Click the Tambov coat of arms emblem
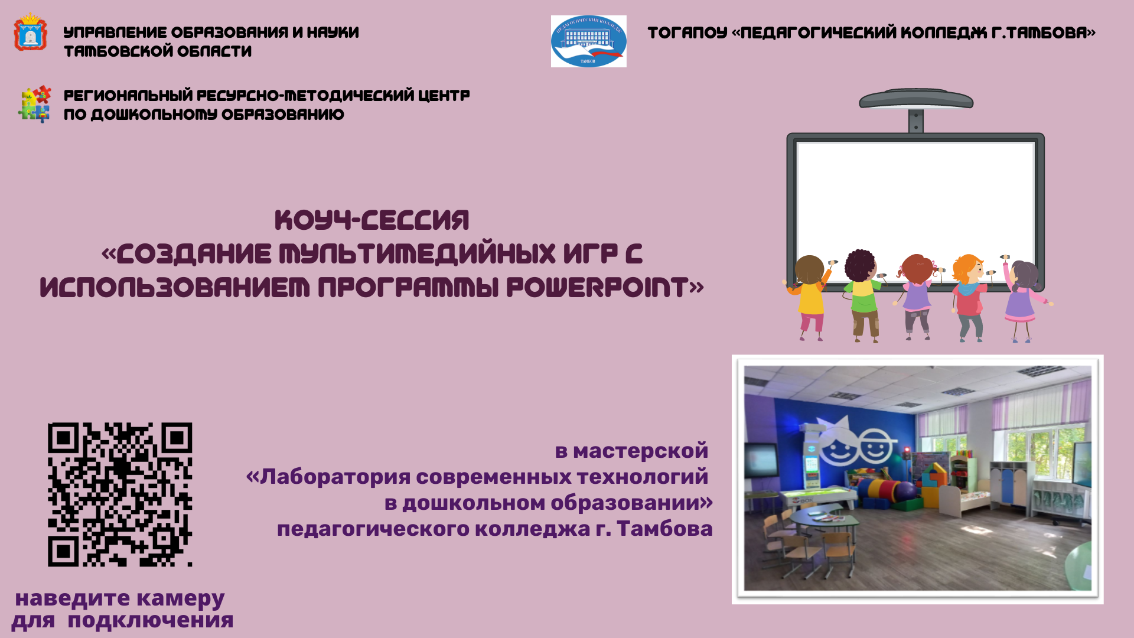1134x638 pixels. point(30,33)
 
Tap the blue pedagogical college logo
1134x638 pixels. point(588,41)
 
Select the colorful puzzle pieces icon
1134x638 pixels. point(35,105)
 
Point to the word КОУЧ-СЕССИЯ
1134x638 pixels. point(372,220)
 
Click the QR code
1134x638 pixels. point(120,494)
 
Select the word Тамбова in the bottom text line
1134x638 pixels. point(664,529)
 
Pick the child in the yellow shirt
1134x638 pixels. point(809,295)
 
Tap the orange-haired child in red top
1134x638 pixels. point(969,295)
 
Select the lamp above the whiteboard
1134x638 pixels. point(915,99)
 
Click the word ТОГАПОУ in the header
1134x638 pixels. point(687,32)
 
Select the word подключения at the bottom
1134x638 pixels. point(151,621)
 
